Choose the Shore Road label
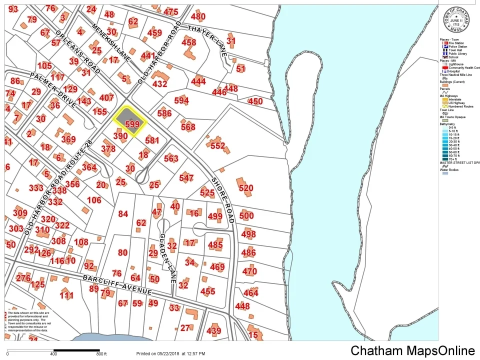[x=222, y=199]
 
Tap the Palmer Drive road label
[x=52, y=90]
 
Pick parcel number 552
[x=218, y=146]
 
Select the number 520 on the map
[x=246, y=188]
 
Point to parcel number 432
[x=159, y=84]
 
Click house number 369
[x=68, y=139]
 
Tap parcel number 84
[x=123, y=214]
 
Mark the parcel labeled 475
[x=170, y=12]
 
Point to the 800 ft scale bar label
[x=101, y=353]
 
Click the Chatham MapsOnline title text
[x=412, y=350]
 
